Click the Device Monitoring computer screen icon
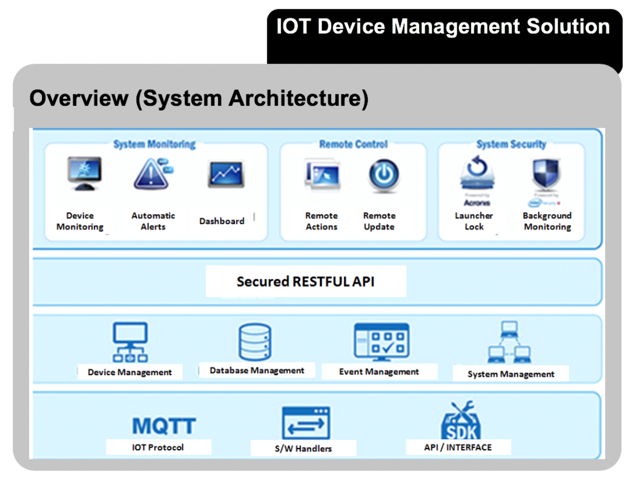(x=84, y=173)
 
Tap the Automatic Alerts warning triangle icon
(x=153, y=174)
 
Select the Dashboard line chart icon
(x=226, y=174)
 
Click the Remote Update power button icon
(x=384, y=175)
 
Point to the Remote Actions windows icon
(x=322, y=174)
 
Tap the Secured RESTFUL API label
(x=305, y=282)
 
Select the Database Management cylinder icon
(x=255, y=342)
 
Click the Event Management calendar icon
(x=382, y=342)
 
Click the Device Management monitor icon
(x=130, y=342)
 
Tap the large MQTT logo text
(x=164, y=426)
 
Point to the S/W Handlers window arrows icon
(x=306, y=423)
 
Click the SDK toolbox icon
(x=461, y=421)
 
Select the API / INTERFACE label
(x=458, y=447)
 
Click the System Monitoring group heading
(x=154, y=144)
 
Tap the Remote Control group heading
(x=353, y=144)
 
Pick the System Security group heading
(x=511, y=144)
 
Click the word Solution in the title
(x=568, y=26)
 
